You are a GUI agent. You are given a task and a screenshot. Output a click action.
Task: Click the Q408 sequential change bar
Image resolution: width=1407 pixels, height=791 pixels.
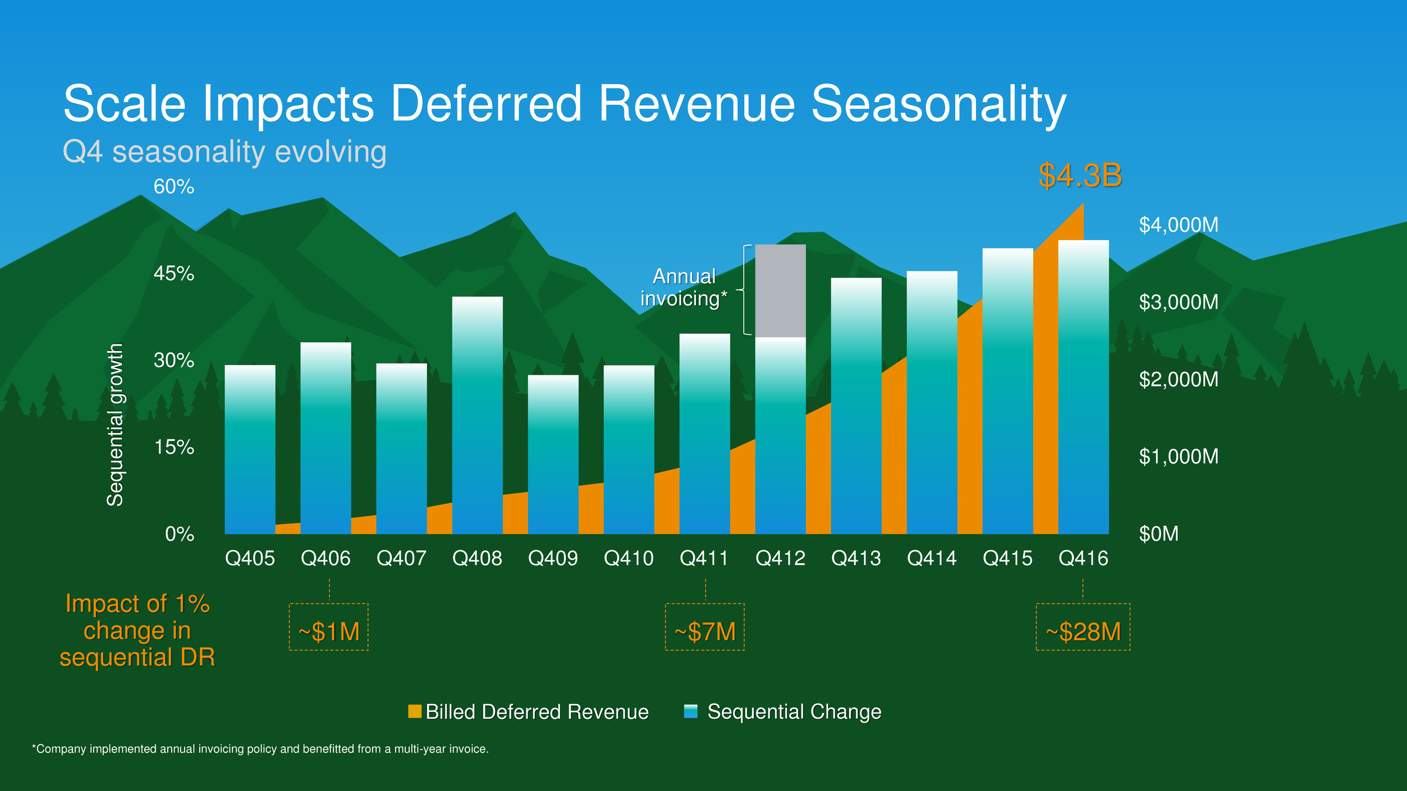click(477, 415)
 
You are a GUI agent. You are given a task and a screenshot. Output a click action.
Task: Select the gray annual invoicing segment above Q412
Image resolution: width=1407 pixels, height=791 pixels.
click(780, 291)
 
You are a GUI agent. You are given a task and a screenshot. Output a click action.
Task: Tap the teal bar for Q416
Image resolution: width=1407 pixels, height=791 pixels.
click(1083, 387)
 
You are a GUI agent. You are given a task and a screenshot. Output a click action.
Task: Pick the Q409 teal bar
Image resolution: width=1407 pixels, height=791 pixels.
click(553, 454)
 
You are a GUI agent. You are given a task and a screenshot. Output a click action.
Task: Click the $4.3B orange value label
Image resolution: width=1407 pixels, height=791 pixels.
click(1080, 176)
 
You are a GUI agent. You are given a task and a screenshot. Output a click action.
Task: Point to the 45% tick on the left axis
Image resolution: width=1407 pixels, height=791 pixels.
click(174, 274)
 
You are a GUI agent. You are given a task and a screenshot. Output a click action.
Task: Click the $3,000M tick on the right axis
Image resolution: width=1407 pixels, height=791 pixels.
click(1179, 302)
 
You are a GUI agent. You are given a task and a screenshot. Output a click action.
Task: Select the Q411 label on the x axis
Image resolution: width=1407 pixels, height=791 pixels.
click(704, 558)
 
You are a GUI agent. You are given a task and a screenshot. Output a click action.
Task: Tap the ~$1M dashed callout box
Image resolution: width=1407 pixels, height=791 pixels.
click(329, 627)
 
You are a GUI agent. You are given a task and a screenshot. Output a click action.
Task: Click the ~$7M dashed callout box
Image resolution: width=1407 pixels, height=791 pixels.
click(705, 627)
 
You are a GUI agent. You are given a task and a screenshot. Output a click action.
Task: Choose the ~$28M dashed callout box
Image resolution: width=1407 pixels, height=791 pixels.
click(1083, 627)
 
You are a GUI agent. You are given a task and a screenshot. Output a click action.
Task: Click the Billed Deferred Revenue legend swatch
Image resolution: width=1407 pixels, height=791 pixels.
click(415, 711)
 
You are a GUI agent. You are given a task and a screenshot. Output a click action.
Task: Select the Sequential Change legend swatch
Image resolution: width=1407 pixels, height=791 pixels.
click(691, 711)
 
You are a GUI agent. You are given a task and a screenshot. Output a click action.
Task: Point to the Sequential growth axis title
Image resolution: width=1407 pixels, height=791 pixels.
click(115, 425)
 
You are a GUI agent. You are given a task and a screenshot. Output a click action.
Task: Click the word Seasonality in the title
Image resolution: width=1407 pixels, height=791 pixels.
click(938, 104)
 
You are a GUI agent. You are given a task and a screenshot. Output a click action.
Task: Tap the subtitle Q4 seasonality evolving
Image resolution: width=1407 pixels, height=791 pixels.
click(224, 152)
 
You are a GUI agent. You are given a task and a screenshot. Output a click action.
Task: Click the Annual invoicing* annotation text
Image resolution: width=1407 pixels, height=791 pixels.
click(684, 287)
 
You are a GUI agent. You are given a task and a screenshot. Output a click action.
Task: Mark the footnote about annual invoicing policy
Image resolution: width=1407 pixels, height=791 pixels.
click(260, 749)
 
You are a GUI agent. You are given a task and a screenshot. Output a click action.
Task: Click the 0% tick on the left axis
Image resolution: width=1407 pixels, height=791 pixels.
click(180, 534)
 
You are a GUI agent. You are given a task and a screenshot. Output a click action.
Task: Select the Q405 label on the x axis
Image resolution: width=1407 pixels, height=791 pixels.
click(250, 558)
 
